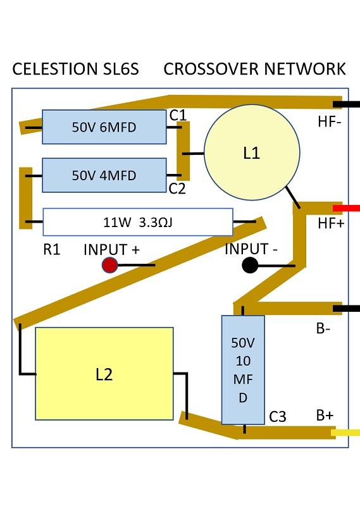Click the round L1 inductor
click(x=252, y=152)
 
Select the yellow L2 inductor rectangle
click(x=104, y=374)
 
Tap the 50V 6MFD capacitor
click(x=104, y=127)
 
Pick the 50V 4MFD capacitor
click(x=104, y=175)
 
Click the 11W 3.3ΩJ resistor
click(x=138, y=222)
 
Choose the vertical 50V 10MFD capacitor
click(x=243, y=370)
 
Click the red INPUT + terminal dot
click(x=110, y=265)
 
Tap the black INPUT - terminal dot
click(x=250, y=265)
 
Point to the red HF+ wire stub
click(x=346, y=208)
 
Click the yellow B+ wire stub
click(x=345, y=433)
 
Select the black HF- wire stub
click(x=346, y=104)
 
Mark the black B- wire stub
click(x=346, y=309)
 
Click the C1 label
click(x=178, y=115)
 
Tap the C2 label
click(x=178, y=188)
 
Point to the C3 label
click(x=278, y=417)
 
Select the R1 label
click(x=52, y=249)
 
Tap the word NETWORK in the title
click(x=305, y=69)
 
